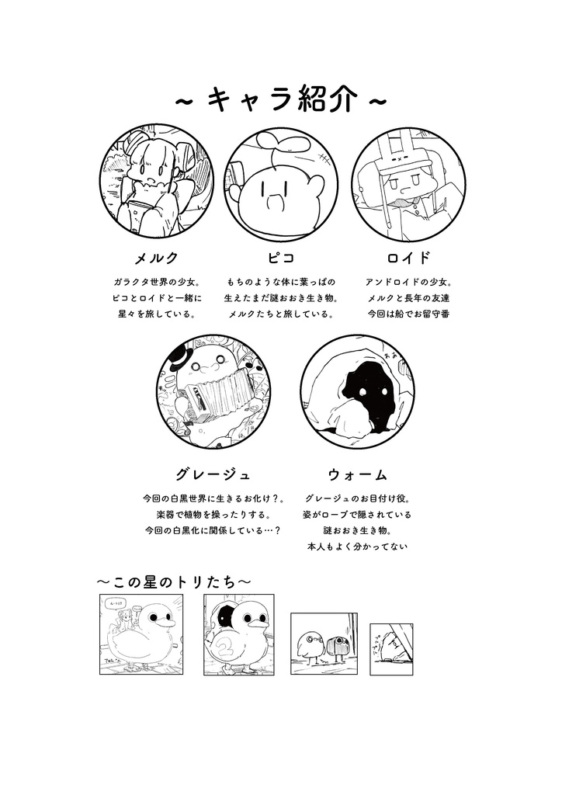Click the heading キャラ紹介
pyautogui.click(x=280, y=101)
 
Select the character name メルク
pyautogui.click(x=156, y=258)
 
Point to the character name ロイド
pyautogui.click(x=408, y=258)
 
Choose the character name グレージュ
pyautogui.click(x=213, y=474)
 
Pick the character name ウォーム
pyautogui.click(x=357, y=474)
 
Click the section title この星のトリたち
pyautogui.click(x=174, y=581)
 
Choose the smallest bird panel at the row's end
pyautogui.click(x=390, y=648)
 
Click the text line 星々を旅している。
pyautogui.click(x=156, y=314)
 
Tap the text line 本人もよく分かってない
pyautogui.click(x=357, y=547)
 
